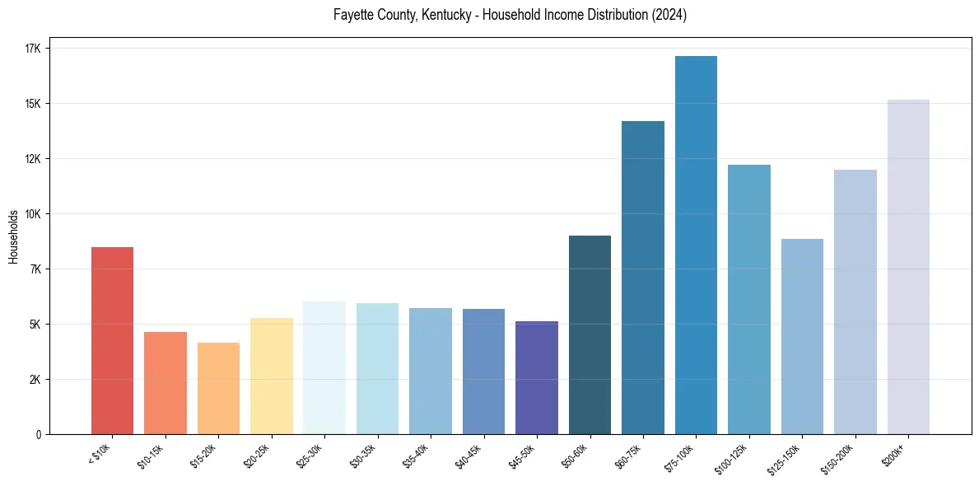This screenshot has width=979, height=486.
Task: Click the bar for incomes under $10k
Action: coord(112,340)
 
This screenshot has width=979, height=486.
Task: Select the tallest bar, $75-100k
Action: coord(696,245)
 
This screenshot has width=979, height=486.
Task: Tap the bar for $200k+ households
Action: coord(908,267)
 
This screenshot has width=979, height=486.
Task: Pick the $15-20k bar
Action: coord(218,388)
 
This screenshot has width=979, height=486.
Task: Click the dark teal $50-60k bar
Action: coord(590,334)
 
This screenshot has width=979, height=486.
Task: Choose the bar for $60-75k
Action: coord(643,278)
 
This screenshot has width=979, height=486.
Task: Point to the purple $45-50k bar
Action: coord(537,377)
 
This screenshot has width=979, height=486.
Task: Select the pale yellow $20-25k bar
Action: coord(272,376)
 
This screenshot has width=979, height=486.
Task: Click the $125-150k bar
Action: coord(802,336)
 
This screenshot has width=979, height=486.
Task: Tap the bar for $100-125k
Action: coord(749,299)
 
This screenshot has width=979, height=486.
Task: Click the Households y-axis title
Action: coord(13,236)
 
